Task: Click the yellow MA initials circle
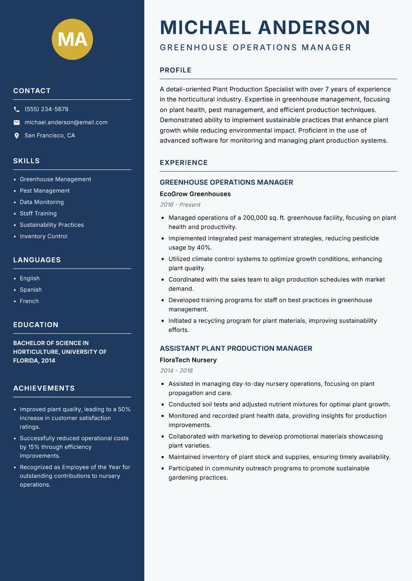(72, 39)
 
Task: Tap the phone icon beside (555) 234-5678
(16, 110)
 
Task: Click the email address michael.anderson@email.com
(66, 122)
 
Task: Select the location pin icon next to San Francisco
(16, 136)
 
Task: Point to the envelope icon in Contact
(16, 122)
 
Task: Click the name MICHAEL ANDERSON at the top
(265, 27)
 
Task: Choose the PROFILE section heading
(175, 70)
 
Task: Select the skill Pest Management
(44, 191)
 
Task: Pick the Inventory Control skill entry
(43, 237)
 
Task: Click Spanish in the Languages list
(30, 290)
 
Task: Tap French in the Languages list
(29, 301)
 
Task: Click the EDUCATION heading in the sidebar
(36, 325)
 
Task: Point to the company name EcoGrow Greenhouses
(195, 194)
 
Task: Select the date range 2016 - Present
(180, 205)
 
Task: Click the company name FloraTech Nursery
(188, 360)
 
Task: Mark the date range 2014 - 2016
(176, 371)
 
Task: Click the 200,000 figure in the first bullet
(249, 218)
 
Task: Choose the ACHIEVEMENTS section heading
(44, 388)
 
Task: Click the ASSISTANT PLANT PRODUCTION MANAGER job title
(236, 349)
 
